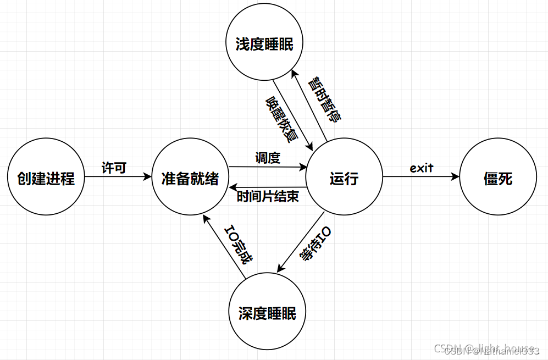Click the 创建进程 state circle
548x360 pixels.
click(x=46, y=178)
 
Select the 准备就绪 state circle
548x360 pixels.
click(x=190, y=178)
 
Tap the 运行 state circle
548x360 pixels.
click(x=344, y=178)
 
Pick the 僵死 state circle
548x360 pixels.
click(x=498, y=178)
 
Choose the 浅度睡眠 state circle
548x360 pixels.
click(x=264, y=45)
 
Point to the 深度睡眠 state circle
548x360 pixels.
click(x=267, y=313)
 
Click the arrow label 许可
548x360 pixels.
click(x=114, y=168)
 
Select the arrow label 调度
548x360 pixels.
click(x=268, y=158)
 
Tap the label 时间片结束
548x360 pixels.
click(x=268, y=196)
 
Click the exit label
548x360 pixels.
click(x=422, y=167)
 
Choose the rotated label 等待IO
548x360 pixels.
click(x=315, y=245)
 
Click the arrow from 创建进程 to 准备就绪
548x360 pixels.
click(x=118, y=177)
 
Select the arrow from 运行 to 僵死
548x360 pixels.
click(x=420, y=177)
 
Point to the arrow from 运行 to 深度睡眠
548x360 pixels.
click(x=301, y=241)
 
